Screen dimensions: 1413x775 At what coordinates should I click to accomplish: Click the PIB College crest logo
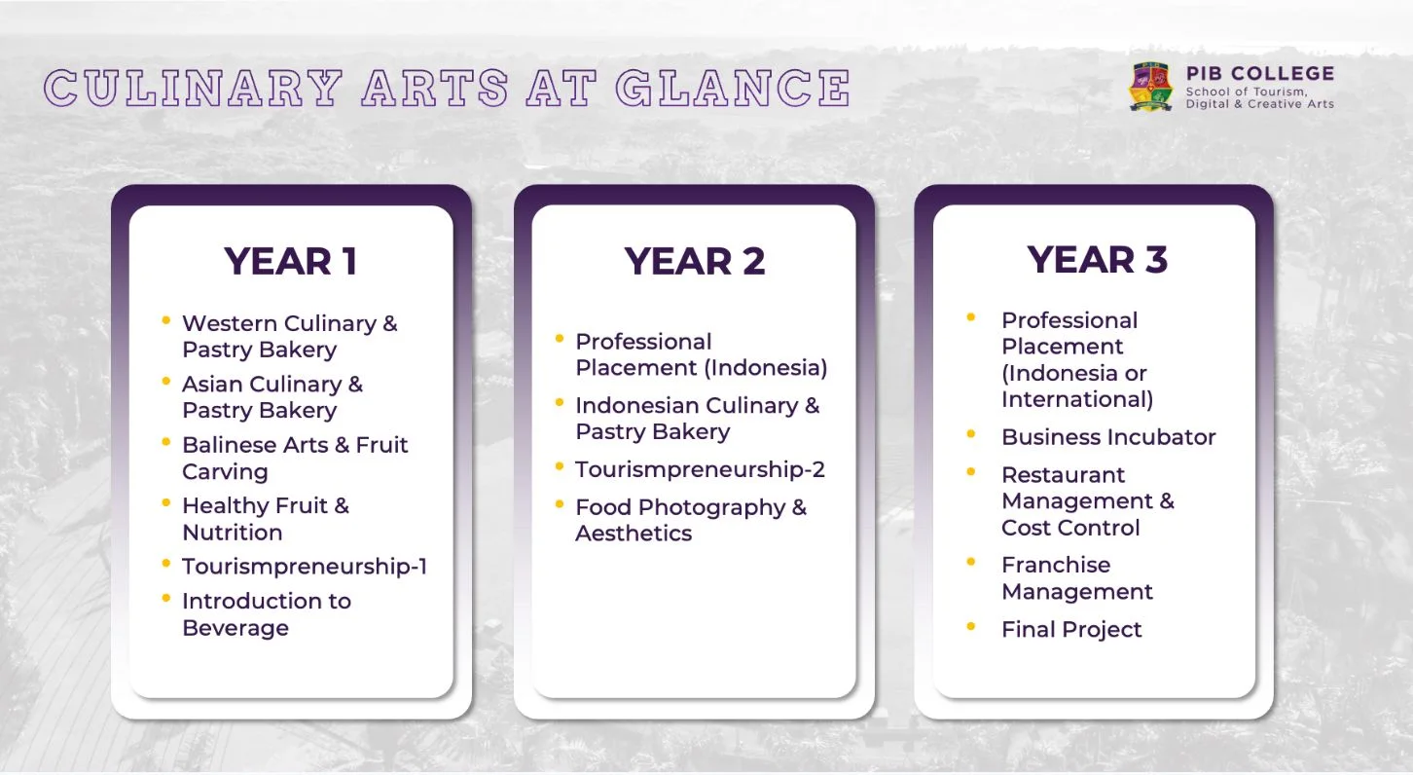tap(1150, 87)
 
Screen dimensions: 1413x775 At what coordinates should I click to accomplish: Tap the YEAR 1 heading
tap(291, 261)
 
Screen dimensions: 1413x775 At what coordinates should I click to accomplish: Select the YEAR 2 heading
tap(695, 261)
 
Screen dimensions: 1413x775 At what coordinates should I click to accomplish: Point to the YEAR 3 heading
tap(1097, 259)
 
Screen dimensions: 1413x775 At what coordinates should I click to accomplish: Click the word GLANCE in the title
tap(734, 88)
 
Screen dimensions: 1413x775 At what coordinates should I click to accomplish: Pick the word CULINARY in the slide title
tap(194, 88)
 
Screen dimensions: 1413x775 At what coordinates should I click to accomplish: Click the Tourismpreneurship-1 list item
tap(305, 566)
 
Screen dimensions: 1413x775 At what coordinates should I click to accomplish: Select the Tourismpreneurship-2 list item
tap(701, 469)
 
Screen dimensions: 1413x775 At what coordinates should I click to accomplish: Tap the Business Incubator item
tap(1108, 437)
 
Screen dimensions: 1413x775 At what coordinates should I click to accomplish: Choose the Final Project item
tap(1071, 629)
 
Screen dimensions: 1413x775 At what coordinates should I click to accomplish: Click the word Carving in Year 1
tap(225, 472)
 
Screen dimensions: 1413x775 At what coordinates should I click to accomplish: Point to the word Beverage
tap(235, 628)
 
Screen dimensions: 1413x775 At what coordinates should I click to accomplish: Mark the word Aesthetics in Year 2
tap(634, 534)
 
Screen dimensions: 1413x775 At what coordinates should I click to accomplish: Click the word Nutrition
tap(233, 533)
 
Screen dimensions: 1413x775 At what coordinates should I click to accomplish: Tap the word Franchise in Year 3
tap(1056, 565)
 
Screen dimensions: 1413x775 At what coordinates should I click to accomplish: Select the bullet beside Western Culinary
tap(165, 320)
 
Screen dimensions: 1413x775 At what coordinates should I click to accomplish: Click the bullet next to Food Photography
tap(559, 504)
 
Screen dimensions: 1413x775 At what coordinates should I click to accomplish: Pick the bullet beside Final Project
tap(971, 627)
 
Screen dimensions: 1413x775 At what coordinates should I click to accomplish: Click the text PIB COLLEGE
tap(1259, 73)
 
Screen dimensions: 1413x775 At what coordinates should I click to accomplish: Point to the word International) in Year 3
tap(1077, 399)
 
